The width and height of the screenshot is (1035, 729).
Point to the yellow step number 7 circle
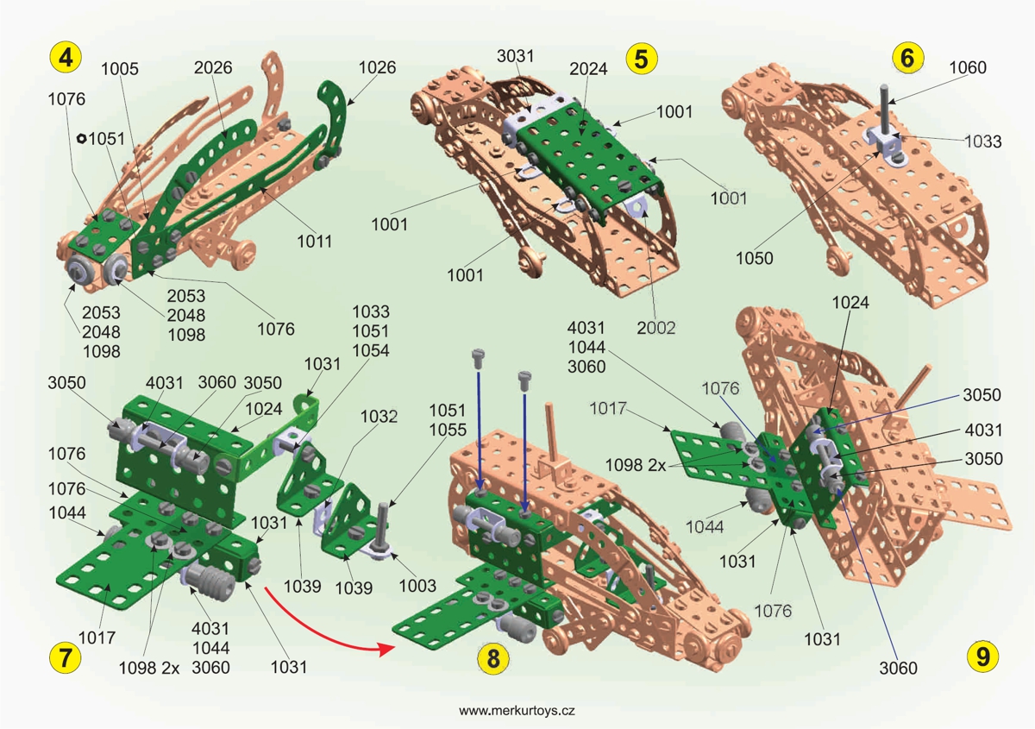66,657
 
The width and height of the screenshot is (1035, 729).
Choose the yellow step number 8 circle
493,659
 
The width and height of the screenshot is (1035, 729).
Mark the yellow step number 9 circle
983,656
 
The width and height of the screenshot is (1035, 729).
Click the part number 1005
121,67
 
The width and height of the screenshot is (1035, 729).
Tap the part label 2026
213,67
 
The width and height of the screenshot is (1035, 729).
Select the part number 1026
377,67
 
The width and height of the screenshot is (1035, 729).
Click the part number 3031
515,56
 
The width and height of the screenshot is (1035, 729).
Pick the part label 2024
588,68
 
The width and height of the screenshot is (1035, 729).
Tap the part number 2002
656,328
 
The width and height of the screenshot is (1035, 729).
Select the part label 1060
968,67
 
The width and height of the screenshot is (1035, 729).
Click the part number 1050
755,258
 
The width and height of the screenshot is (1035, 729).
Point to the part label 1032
379,417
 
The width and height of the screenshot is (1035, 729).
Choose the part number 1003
417,588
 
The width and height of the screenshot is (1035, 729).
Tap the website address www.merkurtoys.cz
517,710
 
